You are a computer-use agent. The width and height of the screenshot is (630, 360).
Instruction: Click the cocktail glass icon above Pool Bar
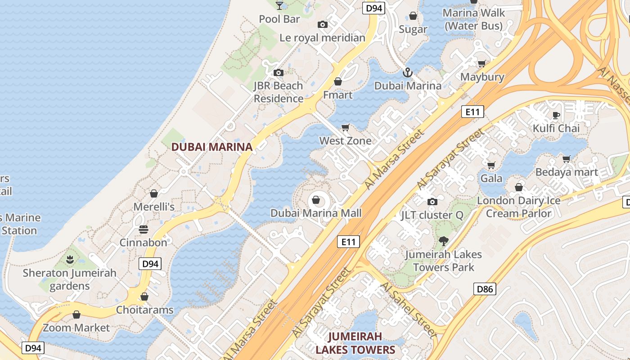[279, 5]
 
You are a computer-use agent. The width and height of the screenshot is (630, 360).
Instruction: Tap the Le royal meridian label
[322, 38]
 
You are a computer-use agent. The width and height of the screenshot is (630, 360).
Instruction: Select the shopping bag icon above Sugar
[413, 16]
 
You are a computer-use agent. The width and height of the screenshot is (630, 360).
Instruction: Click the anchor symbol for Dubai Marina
[408, 72]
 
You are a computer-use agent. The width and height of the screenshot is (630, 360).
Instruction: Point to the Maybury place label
[482, 77]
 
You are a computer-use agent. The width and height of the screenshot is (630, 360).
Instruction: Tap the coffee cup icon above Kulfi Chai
[556, 115]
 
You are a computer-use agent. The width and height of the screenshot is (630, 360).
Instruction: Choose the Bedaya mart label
[566, 172]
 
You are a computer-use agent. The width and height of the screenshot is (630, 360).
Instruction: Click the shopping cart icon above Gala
[491, 165]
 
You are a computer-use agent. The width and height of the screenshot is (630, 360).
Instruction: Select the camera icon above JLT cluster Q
[432, 202]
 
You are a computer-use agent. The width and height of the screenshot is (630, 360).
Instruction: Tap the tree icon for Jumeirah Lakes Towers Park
[444, 241]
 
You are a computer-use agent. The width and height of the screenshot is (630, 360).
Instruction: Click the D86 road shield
[485, 289]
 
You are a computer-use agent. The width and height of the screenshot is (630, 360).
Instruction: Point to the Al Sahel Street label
[409, 310]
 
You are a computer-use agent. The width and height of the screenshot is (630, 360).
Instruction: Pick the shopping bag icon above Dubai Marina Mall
[316, 200]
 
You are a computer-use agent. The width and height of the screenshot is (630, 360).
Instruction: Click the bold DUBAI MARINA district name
[211, 147]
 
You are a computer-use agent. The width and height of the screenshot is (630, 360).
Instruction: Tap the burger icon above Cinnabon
[144, 229]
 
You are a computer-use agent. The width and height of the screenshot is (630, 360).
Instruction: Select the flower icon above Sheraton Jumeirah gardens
[70, 259]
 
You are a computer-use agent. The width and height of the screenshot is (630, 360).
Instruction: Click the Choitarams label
[144, 310]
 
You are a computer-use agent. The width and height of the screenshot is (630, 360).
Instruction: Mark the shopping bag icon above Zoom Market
[76, 315]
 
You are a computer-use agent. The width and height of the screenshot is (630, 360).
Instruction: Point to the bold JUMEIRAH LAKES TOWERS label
[355, 343]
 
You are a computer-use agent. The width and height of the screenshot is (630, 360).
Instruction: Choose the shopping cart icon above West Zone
[345, 127]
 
